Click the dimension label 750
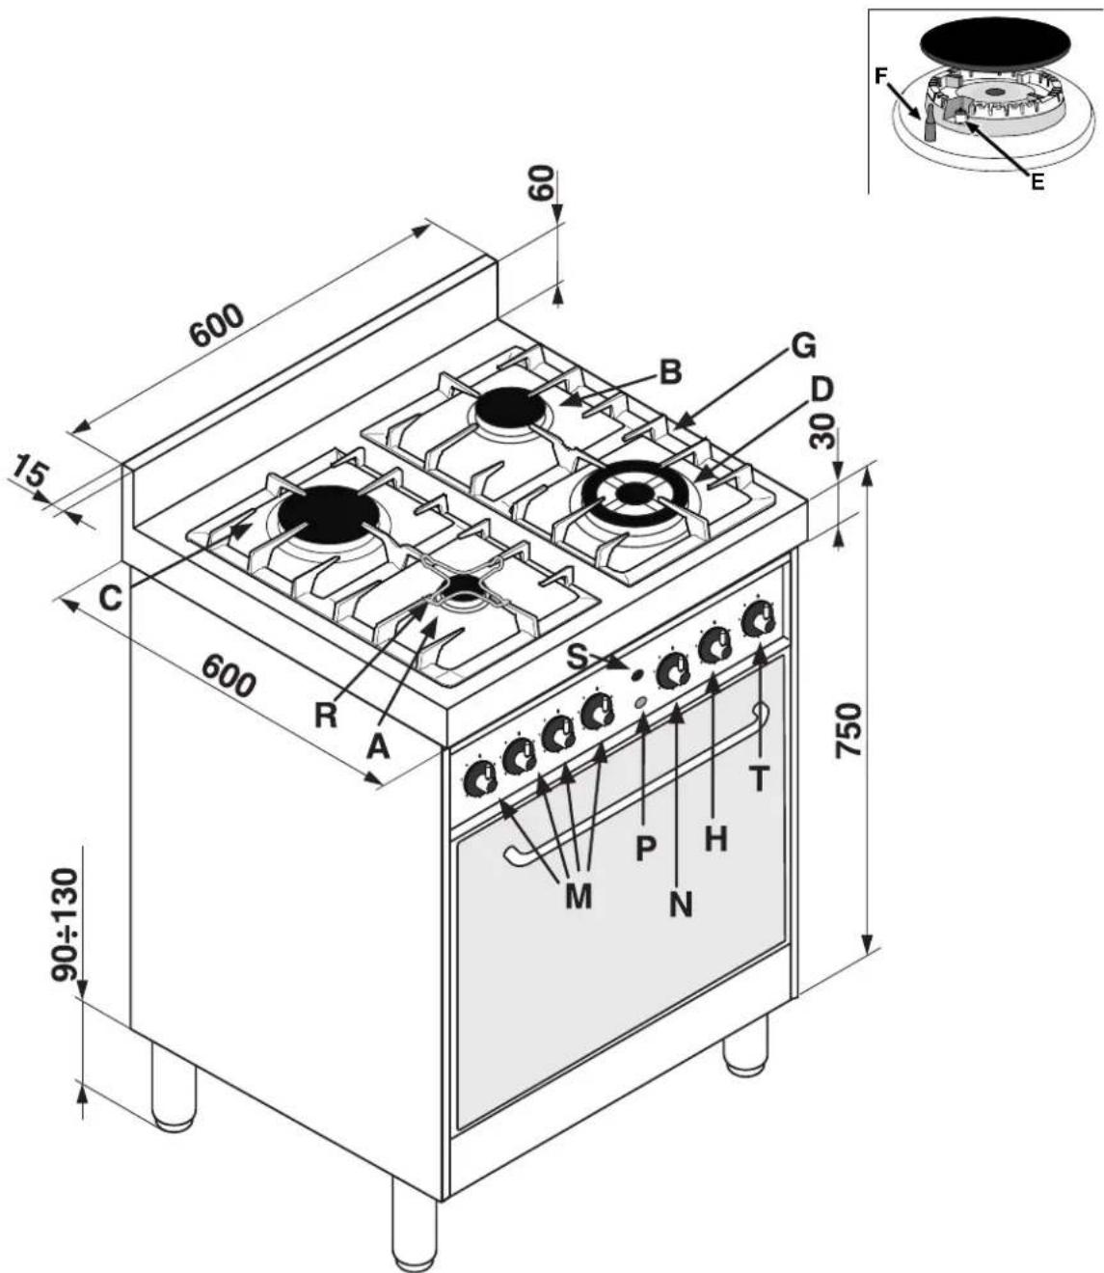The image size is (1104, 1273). pos(849,729)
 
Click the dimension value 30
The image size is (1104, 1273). pos(821,432)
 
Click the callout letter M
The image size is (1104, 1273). pos(578,896)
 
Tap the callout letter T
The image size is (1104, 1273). pos(759,777)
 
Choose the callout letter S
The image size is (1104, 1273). pos(578,657)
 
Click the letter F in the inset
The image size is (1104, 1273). pos(880,76)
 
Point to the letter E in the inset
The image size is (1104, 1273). pos(1037,181)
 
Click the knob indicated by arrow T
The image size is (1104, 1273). pos(759,618)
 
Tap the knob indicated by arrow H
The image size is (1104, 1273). pos(714,645)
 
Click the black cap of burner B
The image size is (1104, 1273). pos(510,408)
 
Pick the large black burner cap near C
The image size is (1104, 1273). pos(329,513)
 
